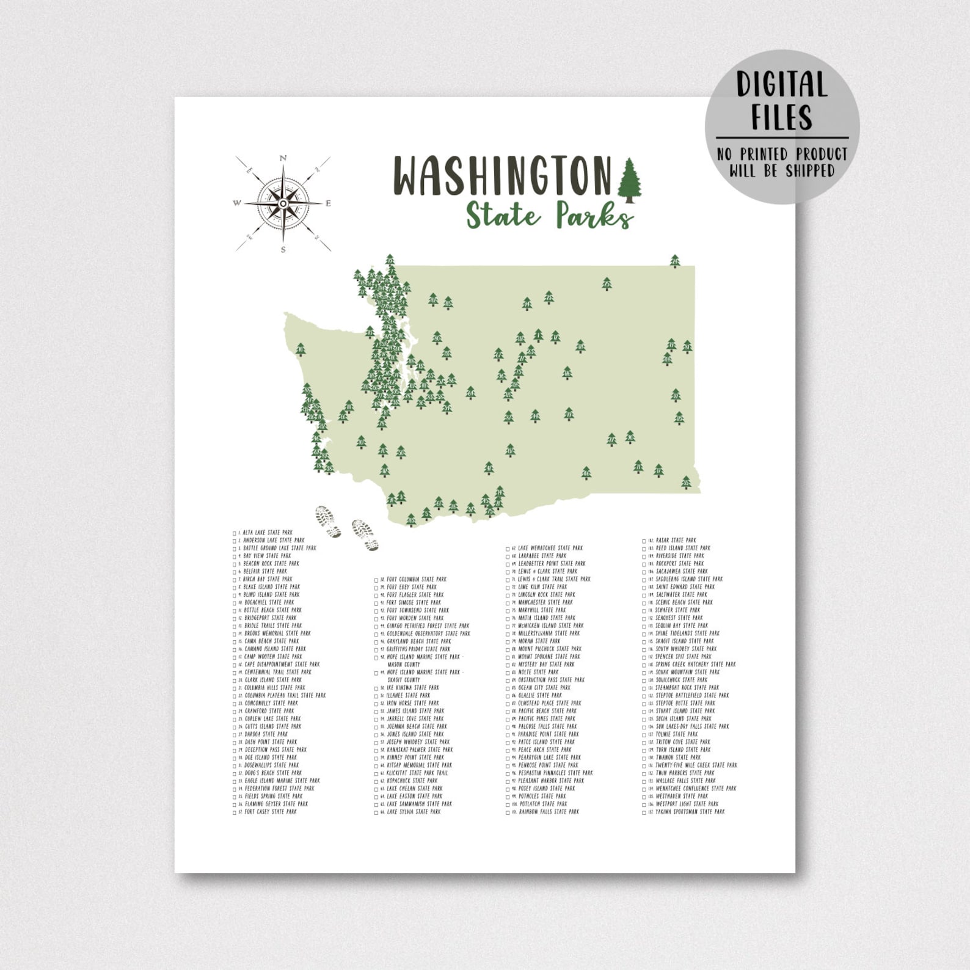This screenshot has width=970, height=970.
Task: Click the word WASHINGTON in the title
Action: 501,175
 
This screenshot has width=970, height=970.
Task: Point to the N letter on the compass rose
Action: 283,159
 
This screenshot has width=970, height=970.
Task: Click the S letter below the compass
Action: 283,249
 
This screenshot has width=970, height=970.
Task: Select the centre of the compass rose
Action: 283,203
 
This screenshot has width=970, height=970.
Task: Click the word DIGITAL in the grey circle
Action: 782,85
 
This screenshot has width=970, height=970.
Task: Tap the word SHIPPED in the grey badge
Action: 810,170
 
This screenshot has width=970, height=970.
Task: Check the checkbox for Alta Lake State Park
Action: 235,533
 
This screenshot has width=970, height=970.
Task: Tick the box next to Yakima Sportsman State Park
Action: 644,812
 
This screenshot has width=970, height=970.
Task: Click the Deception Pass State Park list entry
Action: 275,749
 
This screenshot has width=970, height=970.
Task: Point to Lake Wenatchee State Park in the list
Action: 550,548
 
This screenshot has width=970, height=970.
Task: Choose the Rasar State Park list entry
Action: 675,540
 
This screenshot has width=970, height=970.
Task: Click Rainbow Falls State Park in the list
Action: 548,812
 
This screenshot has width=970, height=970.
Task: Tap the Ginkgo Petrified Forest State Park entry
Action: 428,625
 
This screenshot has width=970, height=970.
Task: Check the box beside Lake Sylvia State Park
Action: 376,812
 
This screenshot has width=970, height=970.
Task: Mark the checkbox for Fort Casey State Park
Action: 235,812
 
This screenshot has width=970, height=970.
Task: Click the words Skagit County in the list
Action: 404,679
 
